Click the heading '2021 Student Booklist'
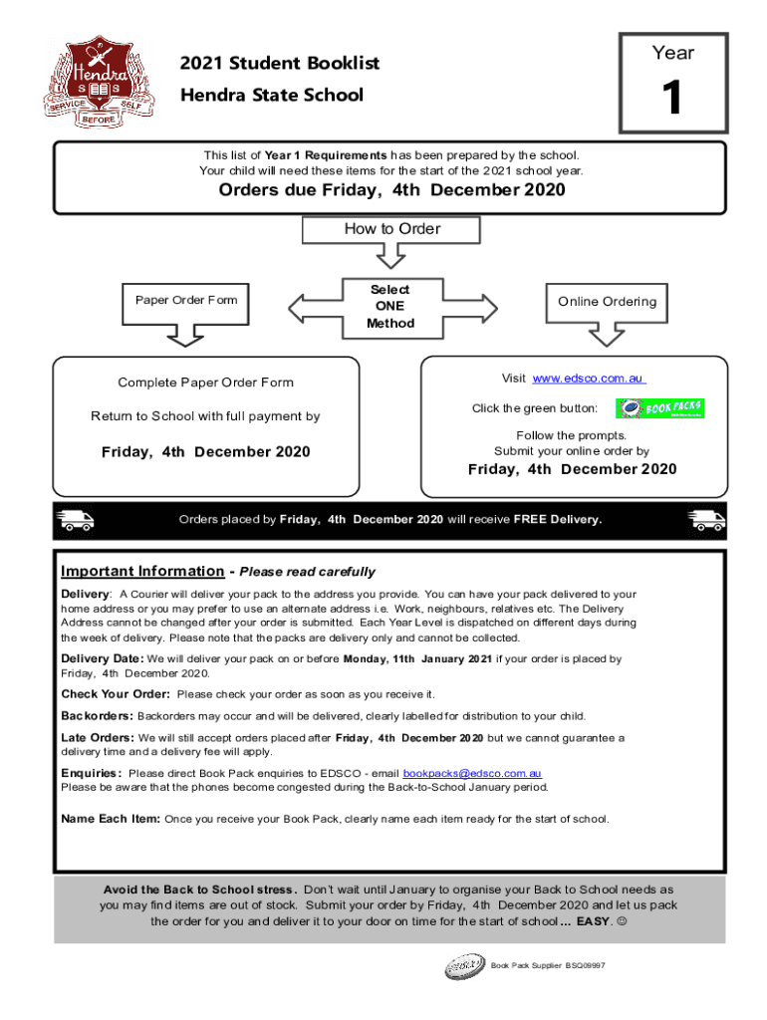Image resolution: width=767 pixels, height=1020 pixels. (x=280, y=64)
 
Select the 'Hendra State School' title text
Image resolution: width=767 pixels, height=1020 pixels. (x=271, y=96)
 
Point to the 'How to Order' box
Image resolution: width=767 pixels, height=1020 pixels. (x=391, y=229)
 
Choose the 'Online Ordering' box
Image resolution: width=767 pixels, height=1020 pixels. (x=608, y=302)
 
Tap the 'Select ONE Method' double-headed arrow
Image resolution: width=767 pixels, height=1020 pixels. (x=390, y=306)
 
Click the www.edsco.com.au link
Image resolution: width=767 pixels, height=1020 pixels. (x=589, y=379)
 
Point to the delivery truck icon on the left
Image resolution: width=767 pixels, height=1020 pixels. (x=74, y=520)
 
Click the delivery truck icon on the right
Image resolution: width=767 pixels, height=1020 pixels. (x=706, y=520)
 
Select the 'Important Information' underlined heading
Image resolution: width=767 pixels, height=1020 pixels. (x=142, y=572)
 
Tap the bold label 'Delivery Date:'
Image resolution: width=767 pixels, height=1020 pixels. (x=103, y=658)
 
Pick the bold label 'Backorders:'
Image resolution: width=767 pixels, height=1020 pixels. (x=98, y=716)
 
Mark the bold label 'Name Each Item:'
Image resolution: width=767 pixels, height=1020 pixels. (x=111, y=819)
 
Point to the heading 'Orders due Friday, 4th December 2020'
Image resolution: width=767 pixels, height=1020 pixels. (x=391, y=190)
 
